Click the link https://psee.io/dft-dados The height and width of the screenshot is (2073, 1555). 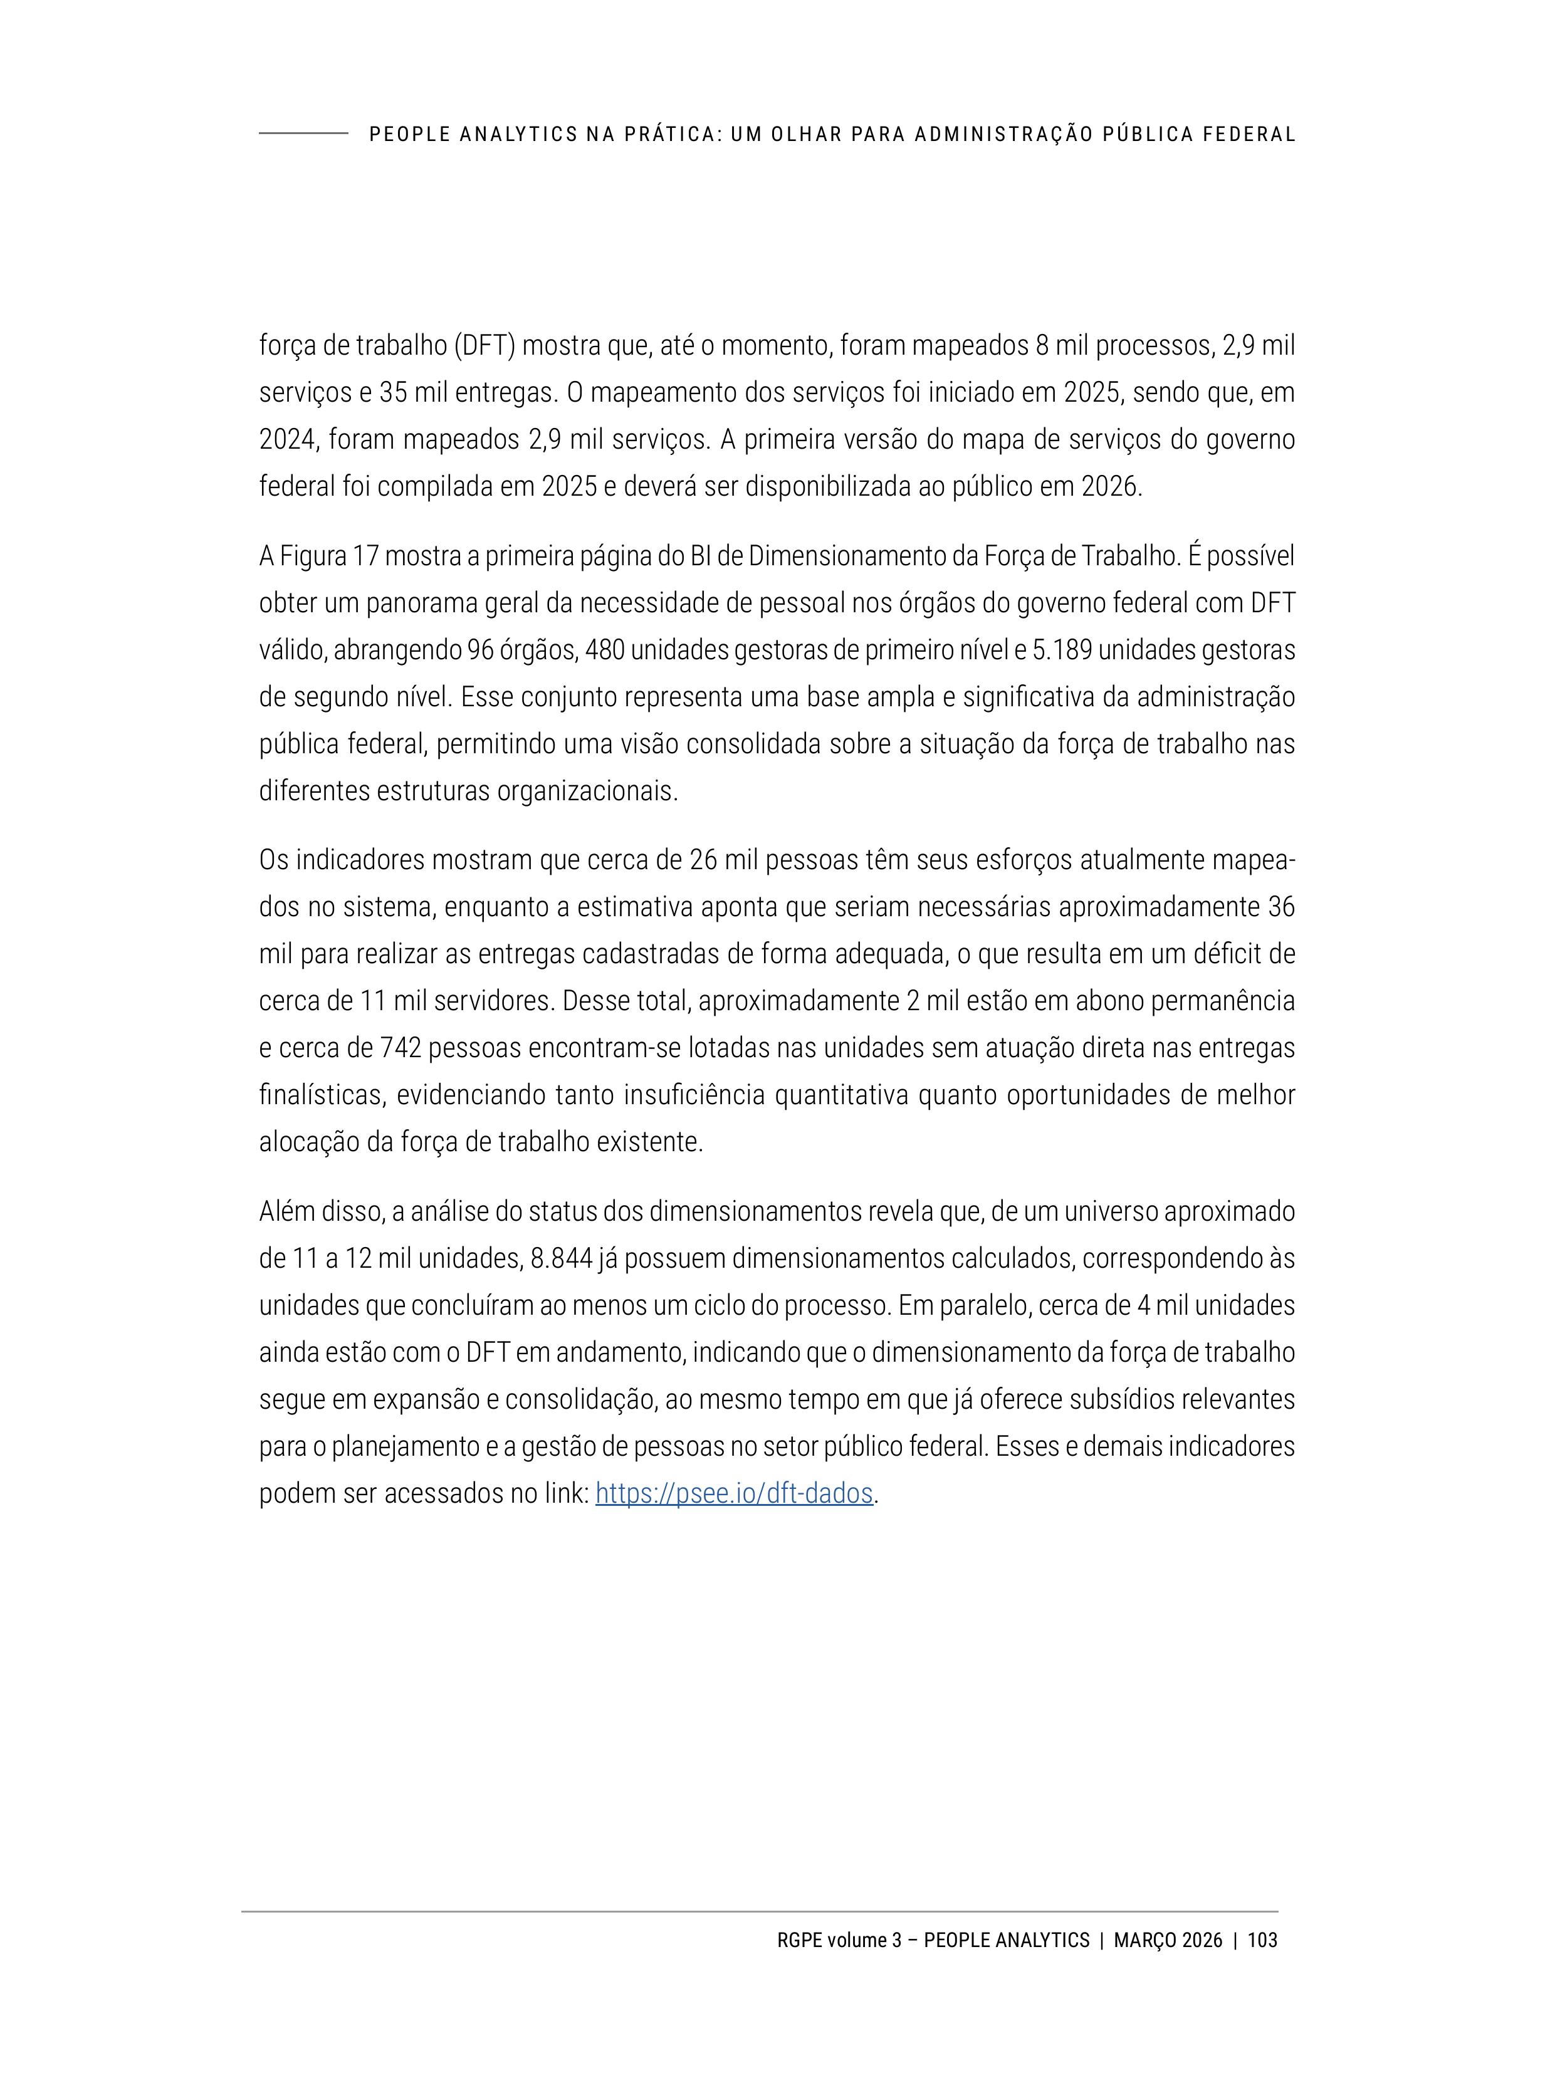click(734, 1493)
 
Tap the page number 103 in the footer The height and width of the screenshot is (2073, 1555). click(1262, 1940)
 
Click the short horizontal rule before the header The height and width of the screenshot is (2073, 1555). click(303, 133)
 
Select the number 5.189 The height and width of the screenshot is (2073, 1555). click(1060, 650)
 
